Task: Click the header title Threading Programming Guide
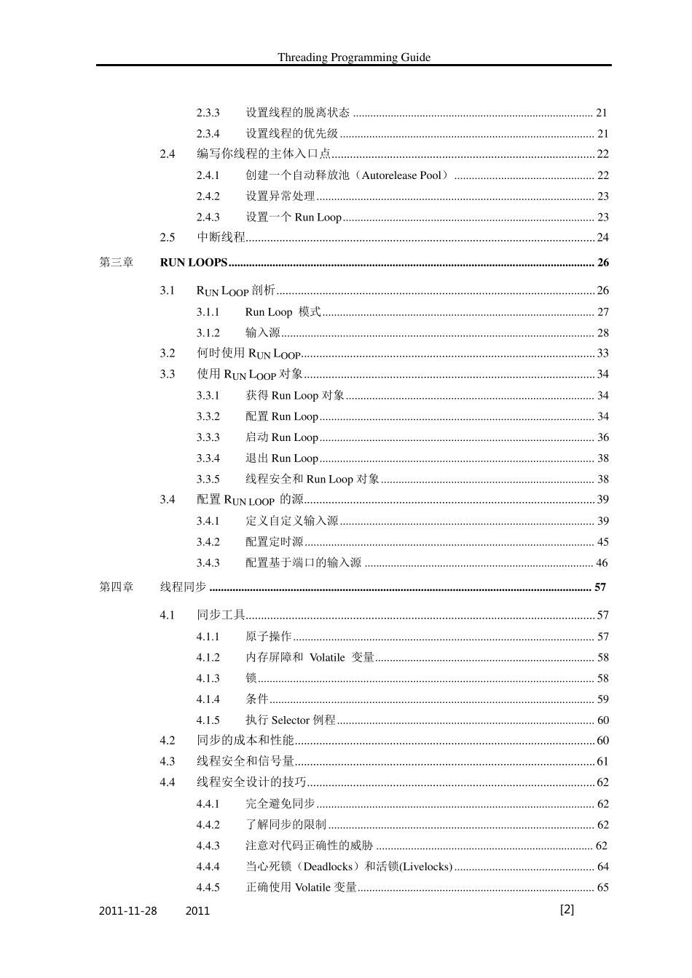coord(353,57)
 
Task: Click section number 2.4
coord(168,154)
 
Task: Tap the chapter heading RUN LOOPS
coord(194,263)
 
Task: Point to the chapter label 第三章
coord(117,263)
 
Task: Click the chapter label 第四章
coord(117,587)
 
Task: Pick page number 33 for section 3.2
coord(602,354)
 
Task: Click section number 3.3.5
coord(208,480)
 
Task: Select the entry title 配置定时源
coord(274,542)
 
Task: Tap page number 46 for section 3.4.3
coord(602,563)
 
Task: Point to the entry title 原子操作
coord(268,637)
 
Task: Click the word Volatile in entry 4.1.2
coord(327,658)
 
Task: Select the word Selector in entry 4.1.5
coord(291,720)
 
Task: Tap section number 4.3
coord(168,762)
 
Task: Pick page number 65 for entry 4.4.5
coord(602,888)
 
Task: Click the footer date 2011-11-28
coord(127,911)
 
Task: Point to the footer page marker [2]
coord(567,910)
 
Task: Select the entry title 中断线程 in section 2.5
coord(221,238)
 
